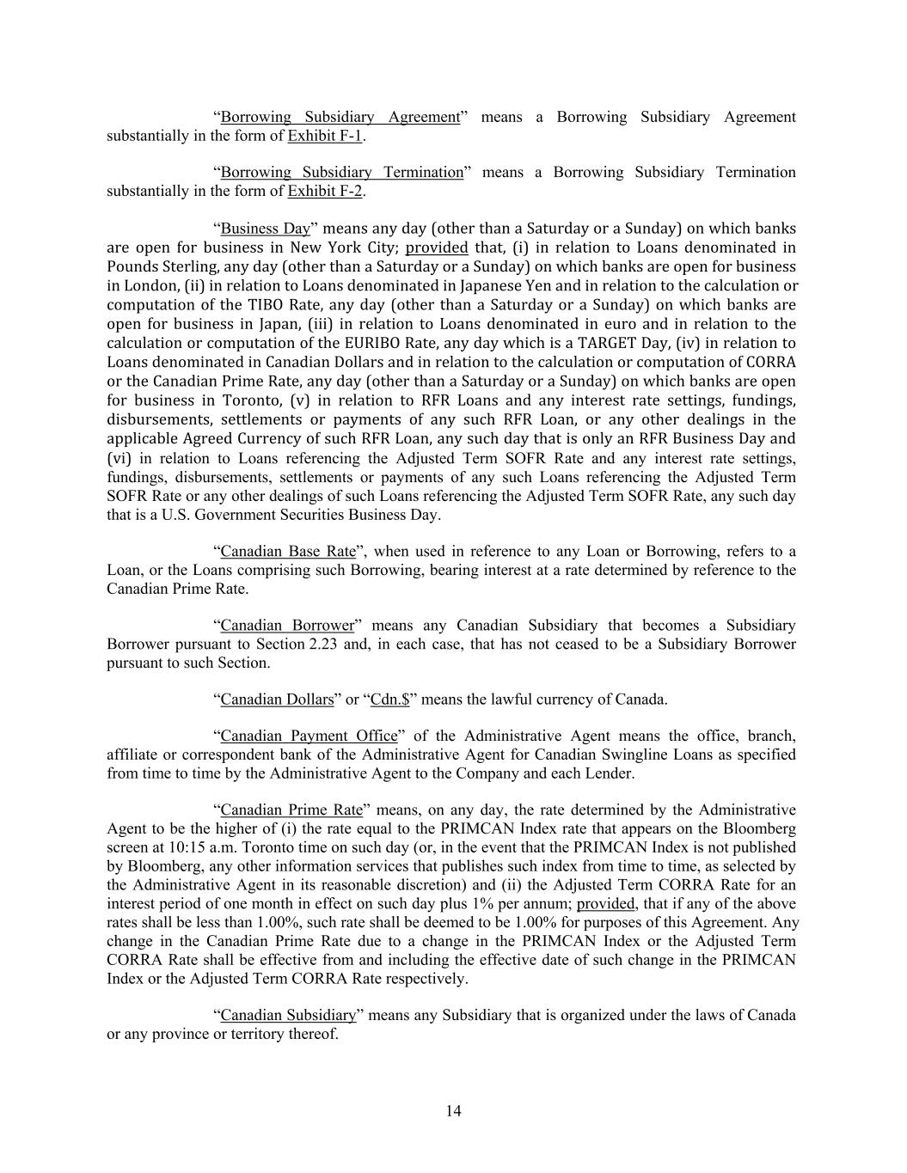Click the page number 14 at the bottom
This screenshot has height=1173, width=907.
click(453, 1111)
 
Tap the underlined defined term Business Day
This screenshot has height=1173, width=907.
click(265, 229)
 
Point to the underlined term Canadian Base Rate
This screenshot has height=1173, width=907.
click(288, 551)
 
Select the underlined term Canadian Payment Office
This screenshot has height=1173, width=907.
click(309, 736)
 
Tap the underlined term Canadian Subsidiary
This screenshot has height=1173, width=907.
click(288, 1015)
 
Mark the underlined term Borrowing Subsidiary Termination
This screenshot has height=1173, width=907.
click(341, 172)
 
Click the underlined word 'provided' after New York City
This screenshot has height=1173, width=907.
click(437, 247)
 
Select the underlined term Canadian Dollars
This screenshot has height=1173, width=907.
click(277, 699)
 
